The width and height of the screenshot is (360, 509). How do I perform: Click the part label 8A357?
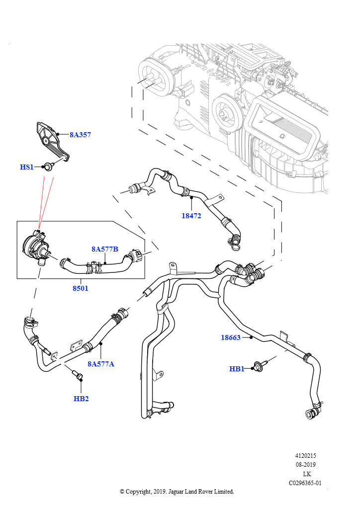click(x=80, y=135)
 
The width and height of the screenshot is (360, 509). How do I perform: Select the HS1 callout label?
click(x=26, y=167)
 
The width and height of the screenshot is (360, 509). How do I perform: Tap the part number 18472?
click(x=191, y=216)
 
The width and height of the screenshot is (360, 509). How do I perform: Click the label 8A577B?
click(x=104, y=249)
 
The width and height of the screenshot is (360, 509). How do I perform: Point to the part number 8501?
click(x=80, y=288)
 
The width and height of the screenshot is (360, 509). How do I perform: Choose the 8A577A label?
click(x=101, y=364)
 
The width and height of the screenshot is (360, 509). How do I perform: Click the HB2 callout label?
click(x=81, y=398)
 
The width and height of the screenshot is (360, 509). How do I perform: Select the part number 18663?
click(x=231, y=338)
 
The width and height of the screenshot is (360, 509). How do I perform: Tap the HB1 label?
click(x=237, y=369)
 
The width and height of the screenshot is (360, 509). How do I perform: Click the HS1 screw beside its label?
click(x=49, y=166)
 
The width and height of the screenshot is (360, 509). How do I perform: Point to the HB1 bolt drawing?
click(x=260, y=366)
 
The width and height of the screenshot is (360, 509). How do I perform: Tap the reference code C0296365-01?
click(x=305, y=483)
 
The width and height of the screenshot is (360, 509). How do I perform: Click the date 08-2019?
click(x=305, y=465)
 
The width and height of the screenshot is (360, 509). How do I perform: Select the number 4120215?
click(x=305, y=456)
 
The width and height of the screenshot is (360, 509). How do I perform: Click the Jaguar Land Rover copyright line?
click(x=177, y=492)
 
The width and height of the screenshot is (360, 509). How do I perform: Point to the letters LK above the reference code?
click(x=307, y=474)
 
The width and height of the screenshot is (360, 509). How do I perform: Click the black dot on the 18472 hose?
click(x=191, y=197)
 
